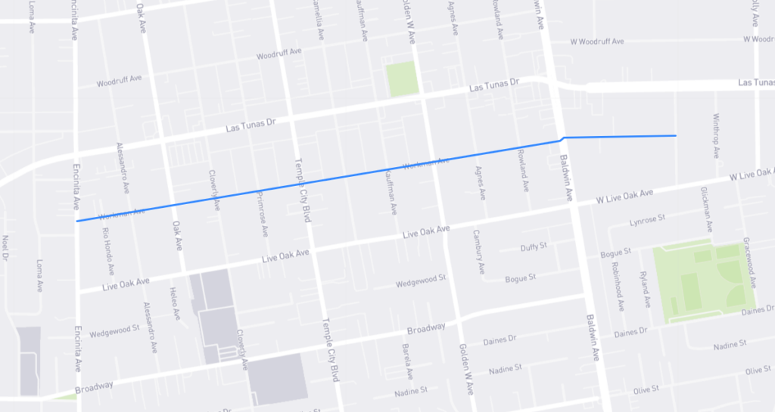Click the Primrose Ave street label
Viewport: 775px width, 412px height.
[x=262, y=212]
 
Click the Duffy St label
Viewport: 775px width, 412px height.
[x=533, y=247]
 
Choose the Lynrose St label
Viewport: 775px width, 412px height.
[x=646, y=221]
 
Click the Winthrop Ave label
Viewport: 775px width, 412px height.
[x=716, y=136]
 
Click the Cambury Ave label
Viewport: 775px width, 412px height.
[x=478, y=252]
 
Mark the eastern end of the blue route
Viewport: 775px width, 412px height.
[x=674, y=136]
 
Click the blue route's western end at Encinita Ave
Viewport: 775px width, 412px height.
[x=77, y=221]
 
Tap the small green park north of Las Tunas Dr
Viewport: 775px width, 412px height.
[x=402, y=79]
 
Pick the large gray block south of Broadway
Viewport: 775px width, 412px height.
[x=279, y=380]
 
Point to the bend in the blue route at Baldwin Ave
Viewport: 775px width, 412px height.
[x=562, y=138]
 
